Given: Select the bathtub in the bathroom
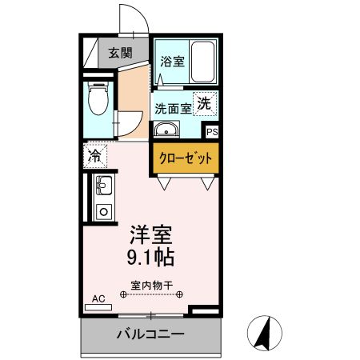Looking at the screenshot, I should [203, 61].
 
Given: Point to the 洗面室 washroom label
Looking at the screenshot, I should [172, 108].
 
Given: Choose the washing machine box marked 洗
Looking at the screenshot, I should [206, 103].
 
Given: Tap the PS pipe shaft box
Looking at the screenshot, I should [212, 132].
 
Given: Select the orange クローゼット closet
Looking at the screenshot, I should [186, 158].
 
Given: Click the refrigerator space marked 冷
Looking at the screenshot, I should [94, 156].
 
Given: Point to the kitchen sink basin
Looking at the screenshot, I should [103, 187].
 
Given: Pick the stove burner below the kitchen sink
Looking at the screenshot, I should [103, 212].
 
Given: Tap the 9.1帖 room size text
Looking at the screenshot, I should [152, 258].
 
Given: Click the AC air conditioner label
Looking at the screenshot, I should [98, 298].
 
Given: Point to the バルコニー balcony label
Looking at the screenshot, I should [152, 334].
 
